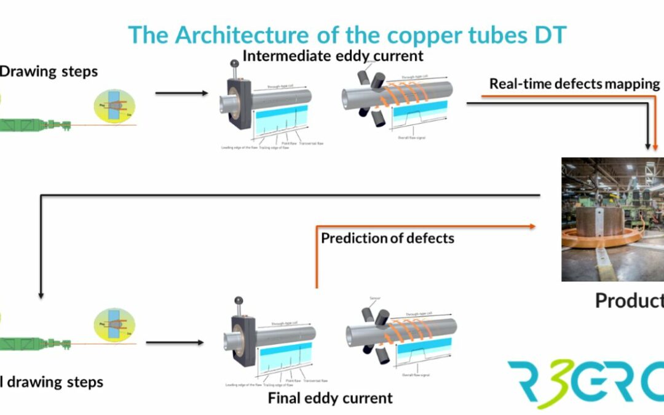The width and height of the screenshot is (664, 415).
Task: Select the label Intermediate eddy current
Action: click(333, 56)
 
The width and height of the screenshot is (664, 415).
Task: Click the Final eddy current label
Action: click(330, 398)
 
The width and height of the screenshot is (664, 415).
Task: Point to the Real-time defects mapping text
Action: click(574, 84)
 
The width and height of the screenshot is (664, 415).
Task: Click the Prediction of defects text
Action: click(387, 238)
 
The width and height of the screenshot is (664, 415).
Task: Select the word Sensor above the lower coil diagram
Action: click(375, 298)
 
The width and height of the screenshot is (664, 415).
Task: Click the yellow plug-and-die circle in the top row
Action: click(114, 106)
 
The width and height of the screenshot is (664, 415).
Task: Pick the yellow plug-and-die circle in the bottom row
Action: click(114, 326)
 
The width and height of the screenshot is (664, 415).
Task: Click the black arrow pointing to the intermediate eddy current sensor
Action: click(182, 93)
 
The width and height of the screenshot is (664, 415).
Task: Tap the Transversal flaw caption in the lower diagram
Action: click(315, 381)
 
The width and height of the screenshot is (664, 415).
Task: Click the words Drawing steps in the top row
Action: click(49, 71)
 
